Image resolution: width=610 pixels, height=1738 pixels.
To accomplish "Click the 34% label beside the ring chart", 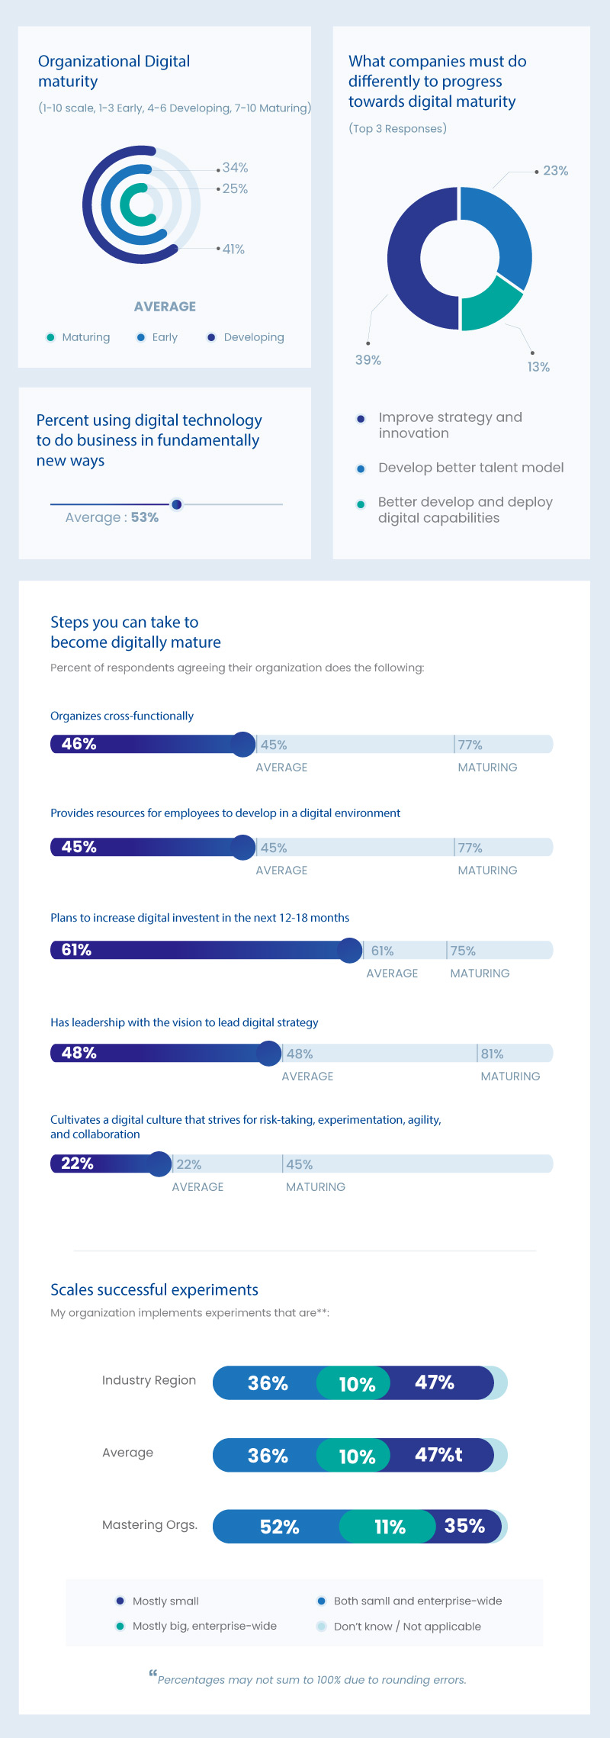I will (x=235, y=168).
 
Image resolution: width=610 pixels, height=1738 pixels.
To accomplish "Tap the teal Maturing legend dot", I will (x=50, y=337).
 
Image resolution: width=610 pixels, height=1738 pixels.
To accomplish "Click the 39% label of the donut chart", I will (x=368, y=360).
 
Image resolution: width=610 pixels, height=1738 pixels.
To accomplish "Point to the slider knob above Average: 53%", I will (x=177, y=504).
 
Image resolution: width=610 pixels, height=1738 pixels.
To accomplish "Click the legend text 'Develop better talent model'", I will (x=470, y=468).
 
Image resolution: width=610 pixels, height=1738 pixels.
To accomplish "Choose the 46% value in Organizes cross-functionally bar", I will (x=79, y=744).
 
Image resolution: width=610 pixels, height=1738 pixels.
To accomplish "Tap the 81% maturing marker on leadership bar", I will (x=492, y=1054).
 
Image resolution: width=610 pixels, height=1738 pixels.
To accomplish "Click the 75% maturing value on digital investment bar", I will (x=463, y=951).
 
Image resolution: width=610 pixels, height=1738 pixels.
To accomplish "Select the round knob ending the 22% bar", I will (x=159, y=1163).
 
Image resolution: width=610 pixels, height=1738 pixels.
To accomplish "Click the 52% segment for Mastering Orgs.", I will (x=279, y=1527).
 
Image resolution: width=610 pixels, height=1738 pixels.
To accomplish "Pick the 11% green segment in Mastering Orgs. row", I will (x=390, y=1527).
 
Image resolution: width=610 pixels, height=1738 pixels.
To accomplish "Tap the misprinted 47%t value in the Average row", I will (x=438, y=1455).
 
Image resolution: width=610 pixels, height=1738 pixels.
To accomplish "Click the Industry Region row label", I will (x=149, y=1380).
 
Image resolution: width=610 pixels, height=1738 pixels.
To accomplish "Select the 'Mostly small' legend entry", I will (x=165, y=1601).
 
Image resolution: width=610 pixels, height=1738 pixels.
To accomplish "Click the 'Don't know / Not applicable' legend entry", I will (x=406, y=1626).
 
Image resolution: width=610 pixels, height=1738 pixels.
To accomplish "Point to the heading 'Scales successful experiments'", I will (x=154, y=1289).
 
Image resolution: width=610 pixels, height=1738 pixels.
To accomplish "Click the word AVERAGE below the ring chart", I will (x=165, y=307).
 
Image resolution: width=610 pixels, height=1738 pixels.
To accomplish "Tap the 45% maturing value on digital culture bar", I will (x=299, y=1164).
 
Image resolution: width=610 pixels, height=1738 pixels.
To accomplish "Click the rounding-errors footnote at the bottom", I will (x=311, y=1679).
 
